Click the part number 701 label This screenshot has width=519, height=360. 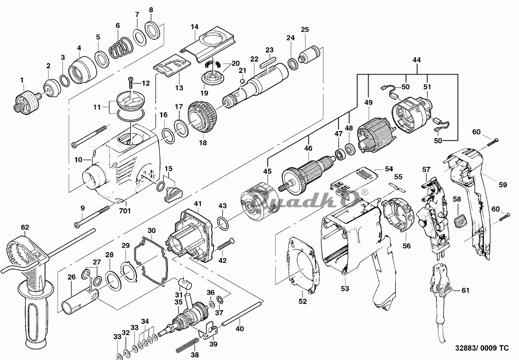(x=125, y=211)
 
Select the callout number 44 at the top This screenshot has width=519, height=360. (x=416, y=60)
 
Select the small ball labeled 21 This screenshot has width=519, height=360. (x=242, y=81)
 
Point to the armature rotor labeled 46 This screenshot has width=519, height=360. (x=308, y=174)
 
